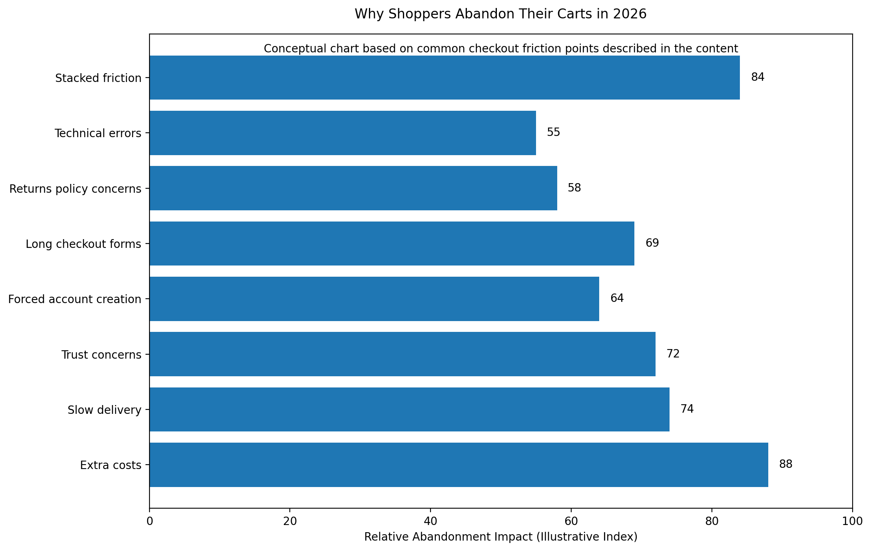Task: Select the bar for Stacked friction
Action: click(x=444, y=78)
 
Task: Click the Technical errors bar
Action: click(x=343, y=133)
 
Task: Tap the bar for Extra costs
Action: click(x=458, y=465)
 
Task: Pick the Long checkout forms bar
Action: click(x=392, y=244)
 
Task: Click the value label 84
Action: click(x=757, y=78)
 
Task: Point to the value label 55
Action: click(x=554, y=133)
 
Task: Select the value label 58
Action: click(x=574, y=188)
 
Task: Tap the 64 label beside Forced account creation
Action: click(x=617, y=298)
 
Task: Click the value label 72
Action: click(x=673, y=354)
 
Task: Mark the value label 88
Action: click(x=785, y=464)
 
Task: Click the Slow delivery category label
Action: click(x=104, y=410)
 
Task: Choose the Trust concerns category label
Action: click(x=101, y=355)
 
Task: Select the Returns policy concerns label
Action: click(x=75, y=189)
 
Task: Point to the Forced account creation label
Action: click(x=75, y=299)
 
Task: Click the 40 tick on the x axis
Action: click(x=431, y=521)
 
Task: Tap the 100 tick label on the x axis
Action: click(x=852, y=521)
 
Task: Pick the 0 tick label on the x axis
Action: click(x=149, y=521)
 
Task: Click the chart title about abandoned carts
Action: click(x=500, y=14)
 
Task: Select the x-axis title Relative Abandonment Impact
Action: click(x=500, y=537)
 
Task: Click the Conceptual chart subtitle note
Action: click(x=500, y=49)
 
